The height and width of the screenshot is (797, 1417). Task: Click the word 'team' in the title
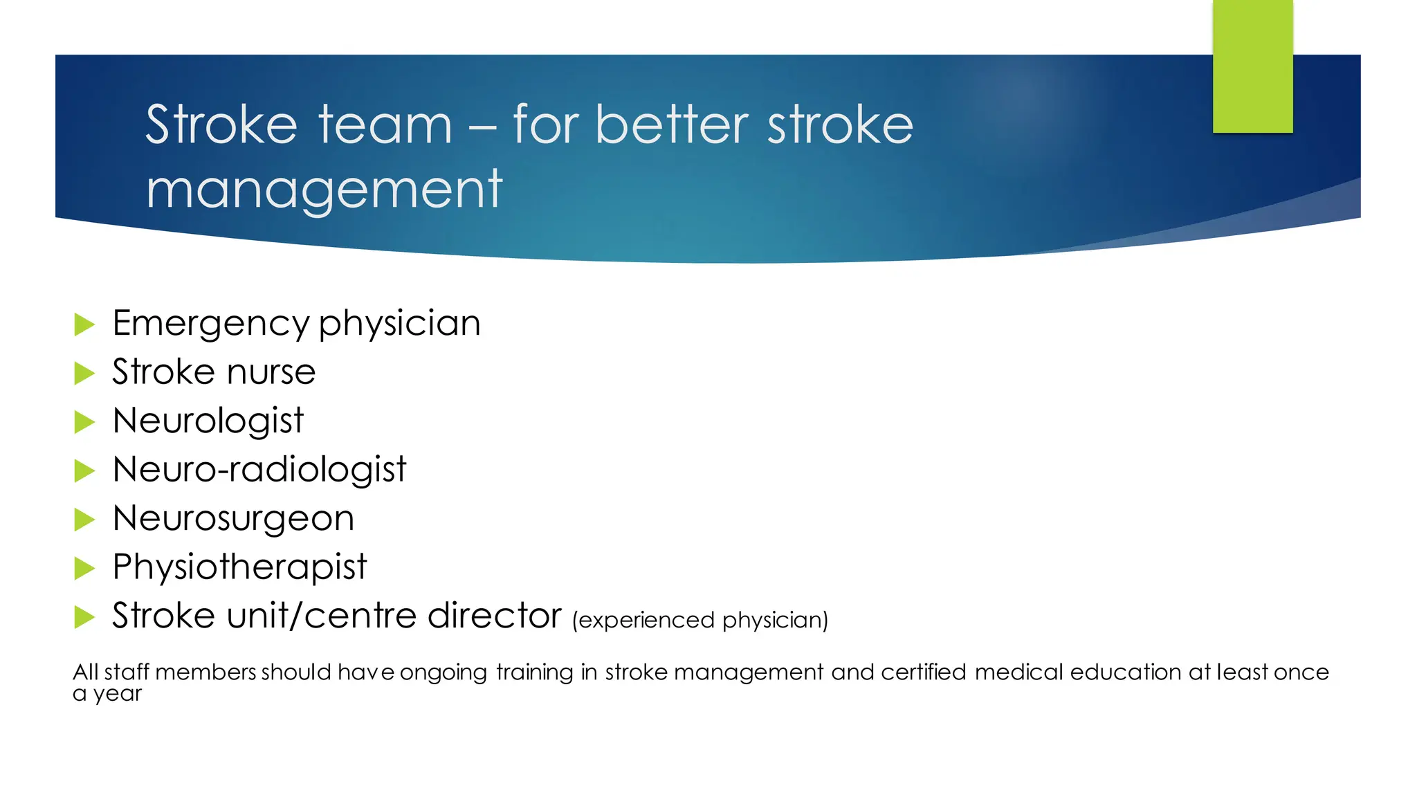pyautogui.click(x=385, y=125)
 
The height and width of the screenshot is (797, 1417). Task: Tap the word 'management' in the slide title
pyautogui.click(x=324, y=190)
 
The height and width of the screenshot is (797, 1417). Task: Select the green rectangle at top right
pyautogui.click(x=1252, y=66)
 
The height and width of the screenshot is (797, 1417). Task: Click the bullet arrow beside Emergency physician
pyautogui.click(x=84, y=324)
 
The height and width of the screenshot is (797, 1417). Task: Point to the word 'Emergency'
pyautogui.click(x=211, y=324)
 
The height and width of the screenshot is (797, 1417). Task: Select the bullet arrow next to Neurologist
pyautogui.click(x=84, y=421)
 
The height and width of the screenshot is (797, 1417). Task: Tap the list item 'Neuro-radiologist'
pyautogui.click(x=259, y=470)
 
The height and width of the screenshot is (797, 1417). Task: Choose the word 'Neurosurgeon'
pyautogui.click(x=233, y=518)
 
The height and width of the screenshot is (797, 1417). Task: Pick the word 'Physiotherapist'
pyautogui.click(x=239, y=567)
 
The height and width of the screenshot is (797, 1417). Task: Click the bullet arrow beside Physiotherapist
pyautogui.click(x=84, y=568)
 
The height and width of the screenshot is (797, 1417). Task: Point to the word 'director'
pyautogui.click(x=494, y=616)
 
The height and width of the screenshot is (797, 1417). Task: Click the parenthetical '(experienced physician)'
pyautogui.click(x=700, y=620)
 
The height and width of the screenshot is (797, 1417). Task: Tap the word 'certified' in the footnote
pyautogui.click(x=923, y=672)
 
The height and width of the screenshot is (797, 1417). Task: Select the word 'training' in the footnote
pyautogui.click(x=534, y=672)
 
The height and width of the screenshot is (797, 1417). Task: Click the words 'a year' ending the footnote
pyautogui.click(x=107, y=694)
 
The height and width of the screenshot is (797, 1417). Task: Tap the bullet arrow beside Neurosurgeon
pyautogui.click(x=84, y=519)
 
